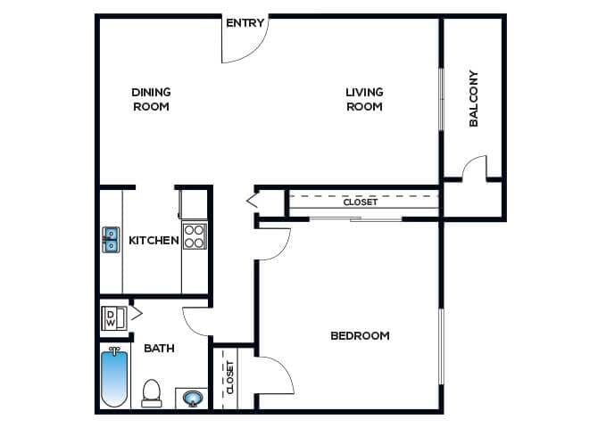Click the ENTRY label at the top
click(x=245, y=23)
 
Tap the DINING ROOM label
click(x=151, y=99)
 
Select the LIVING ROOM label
click(x=364, y=99)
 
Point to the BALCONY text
click(x=474, y=99)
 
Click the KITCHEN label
click(x=154, y=240)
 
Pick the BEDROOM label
click(x=360, y=335)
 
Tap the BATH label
click(x=158, y=349)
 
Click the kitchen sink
click(x=111, y=240)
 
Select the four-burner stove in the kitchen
click(x=195, y=236)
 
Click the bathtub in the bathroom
click(x=114, y=378)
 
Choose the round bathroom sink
click(x=192, y=398)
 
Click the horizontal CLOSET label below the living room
click(x=361, y=202)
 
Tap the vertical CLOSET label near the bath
click(x=230, y=377)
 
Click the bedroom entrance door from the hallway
click(x=274, y=243)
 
